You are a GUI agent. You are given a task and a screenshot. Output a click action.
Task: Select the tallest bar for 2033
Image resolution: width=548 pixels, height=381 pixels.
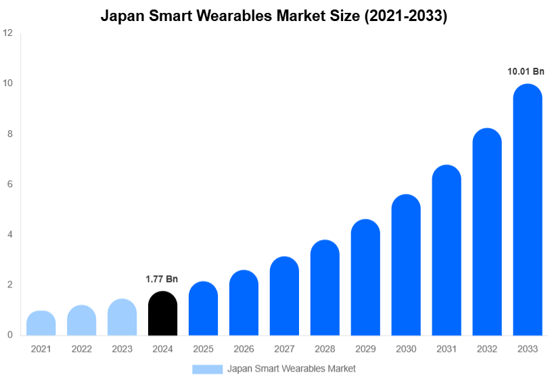tap(528, 210)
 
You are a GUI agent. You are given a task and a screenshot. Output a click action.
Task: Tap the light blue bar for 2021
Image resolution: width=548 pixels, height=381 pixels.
tap(41, 323)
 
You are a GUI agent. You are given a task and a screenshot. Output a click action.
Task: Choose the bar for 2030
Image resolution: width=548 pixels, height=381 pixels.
tap(406, 265)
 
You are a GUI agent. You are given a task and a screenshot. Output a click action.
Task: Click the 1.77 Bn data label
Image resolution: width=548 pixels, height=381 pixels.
tap(162, 279)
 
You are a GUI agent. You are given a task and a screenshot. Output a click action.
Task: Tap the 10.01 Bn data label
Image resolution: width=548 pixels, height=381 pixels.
tap(526, 71)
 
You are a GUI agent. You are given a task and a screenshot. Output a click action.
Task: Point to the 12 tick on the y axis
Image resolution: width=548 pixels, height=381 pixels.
tap(8, 33)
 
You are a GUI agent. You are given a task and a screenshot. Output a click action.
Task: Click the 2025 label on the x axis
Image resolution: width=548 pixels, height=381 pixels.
tap(203, 349)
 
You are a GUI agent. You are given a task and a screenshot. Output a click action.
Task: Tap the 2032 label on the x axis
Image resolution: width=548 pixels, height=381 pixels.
tap(487, 349)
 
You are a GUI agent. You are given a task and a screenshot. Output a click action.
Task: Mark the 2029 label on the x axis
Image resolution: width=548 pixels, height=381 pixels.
tap(365, 349)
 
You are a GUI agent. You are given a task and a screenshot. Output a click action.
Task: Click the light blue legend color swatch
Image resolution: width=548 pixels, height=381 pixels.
tap(207, 369)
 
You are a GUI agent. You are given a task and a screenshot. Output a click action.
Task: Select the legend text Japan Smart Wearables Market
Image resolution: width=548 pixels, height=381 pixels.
tap(292, 369)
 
